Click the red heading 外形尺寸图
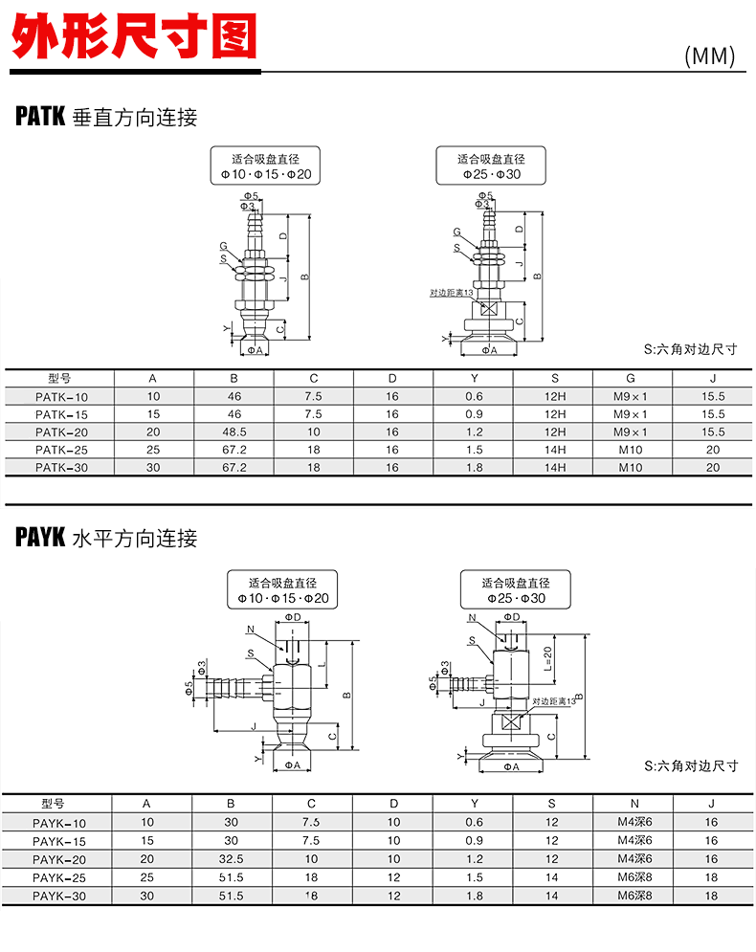coord(135,36)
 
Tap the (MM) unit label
coord(709,56)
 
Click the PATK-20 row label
coord(61,432)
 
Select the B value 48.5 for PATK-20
coord(233,432)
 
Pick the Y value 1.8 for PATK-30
coord(474,468)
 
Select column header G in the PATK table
coord(631,378)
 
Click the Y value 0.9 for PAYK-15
coord(473,840)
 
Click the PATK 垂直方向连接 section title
coord(106,118)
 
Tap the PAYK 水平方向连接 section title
coord(106,538)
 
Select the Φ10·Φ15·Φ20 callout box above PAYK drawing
coord(282,590)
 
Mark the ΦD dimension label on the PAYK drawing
coord(293,618)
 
